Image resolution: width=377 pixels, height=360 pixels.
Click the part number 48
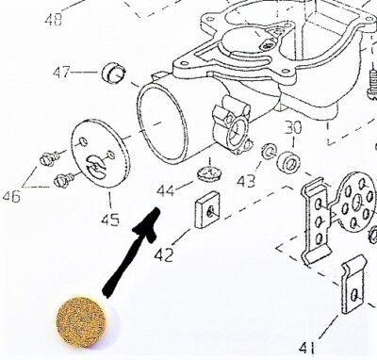55,19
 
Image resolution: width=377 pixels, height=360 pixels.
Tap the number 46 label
11,196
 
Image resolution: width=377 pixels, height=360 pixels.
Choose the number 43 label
246,179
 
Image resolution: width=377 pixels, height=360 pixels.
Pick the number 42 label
164,254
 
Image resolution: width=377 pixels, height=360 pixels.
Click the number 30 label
292,126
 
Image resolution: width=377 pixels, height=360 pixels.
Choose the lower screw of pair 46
65,177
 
